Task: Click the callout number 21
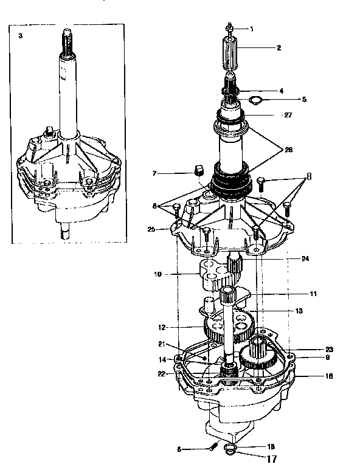pos(162,344)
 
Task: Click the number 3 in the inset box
pos(21,36)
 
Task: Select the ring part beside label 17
pos(230,449)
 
